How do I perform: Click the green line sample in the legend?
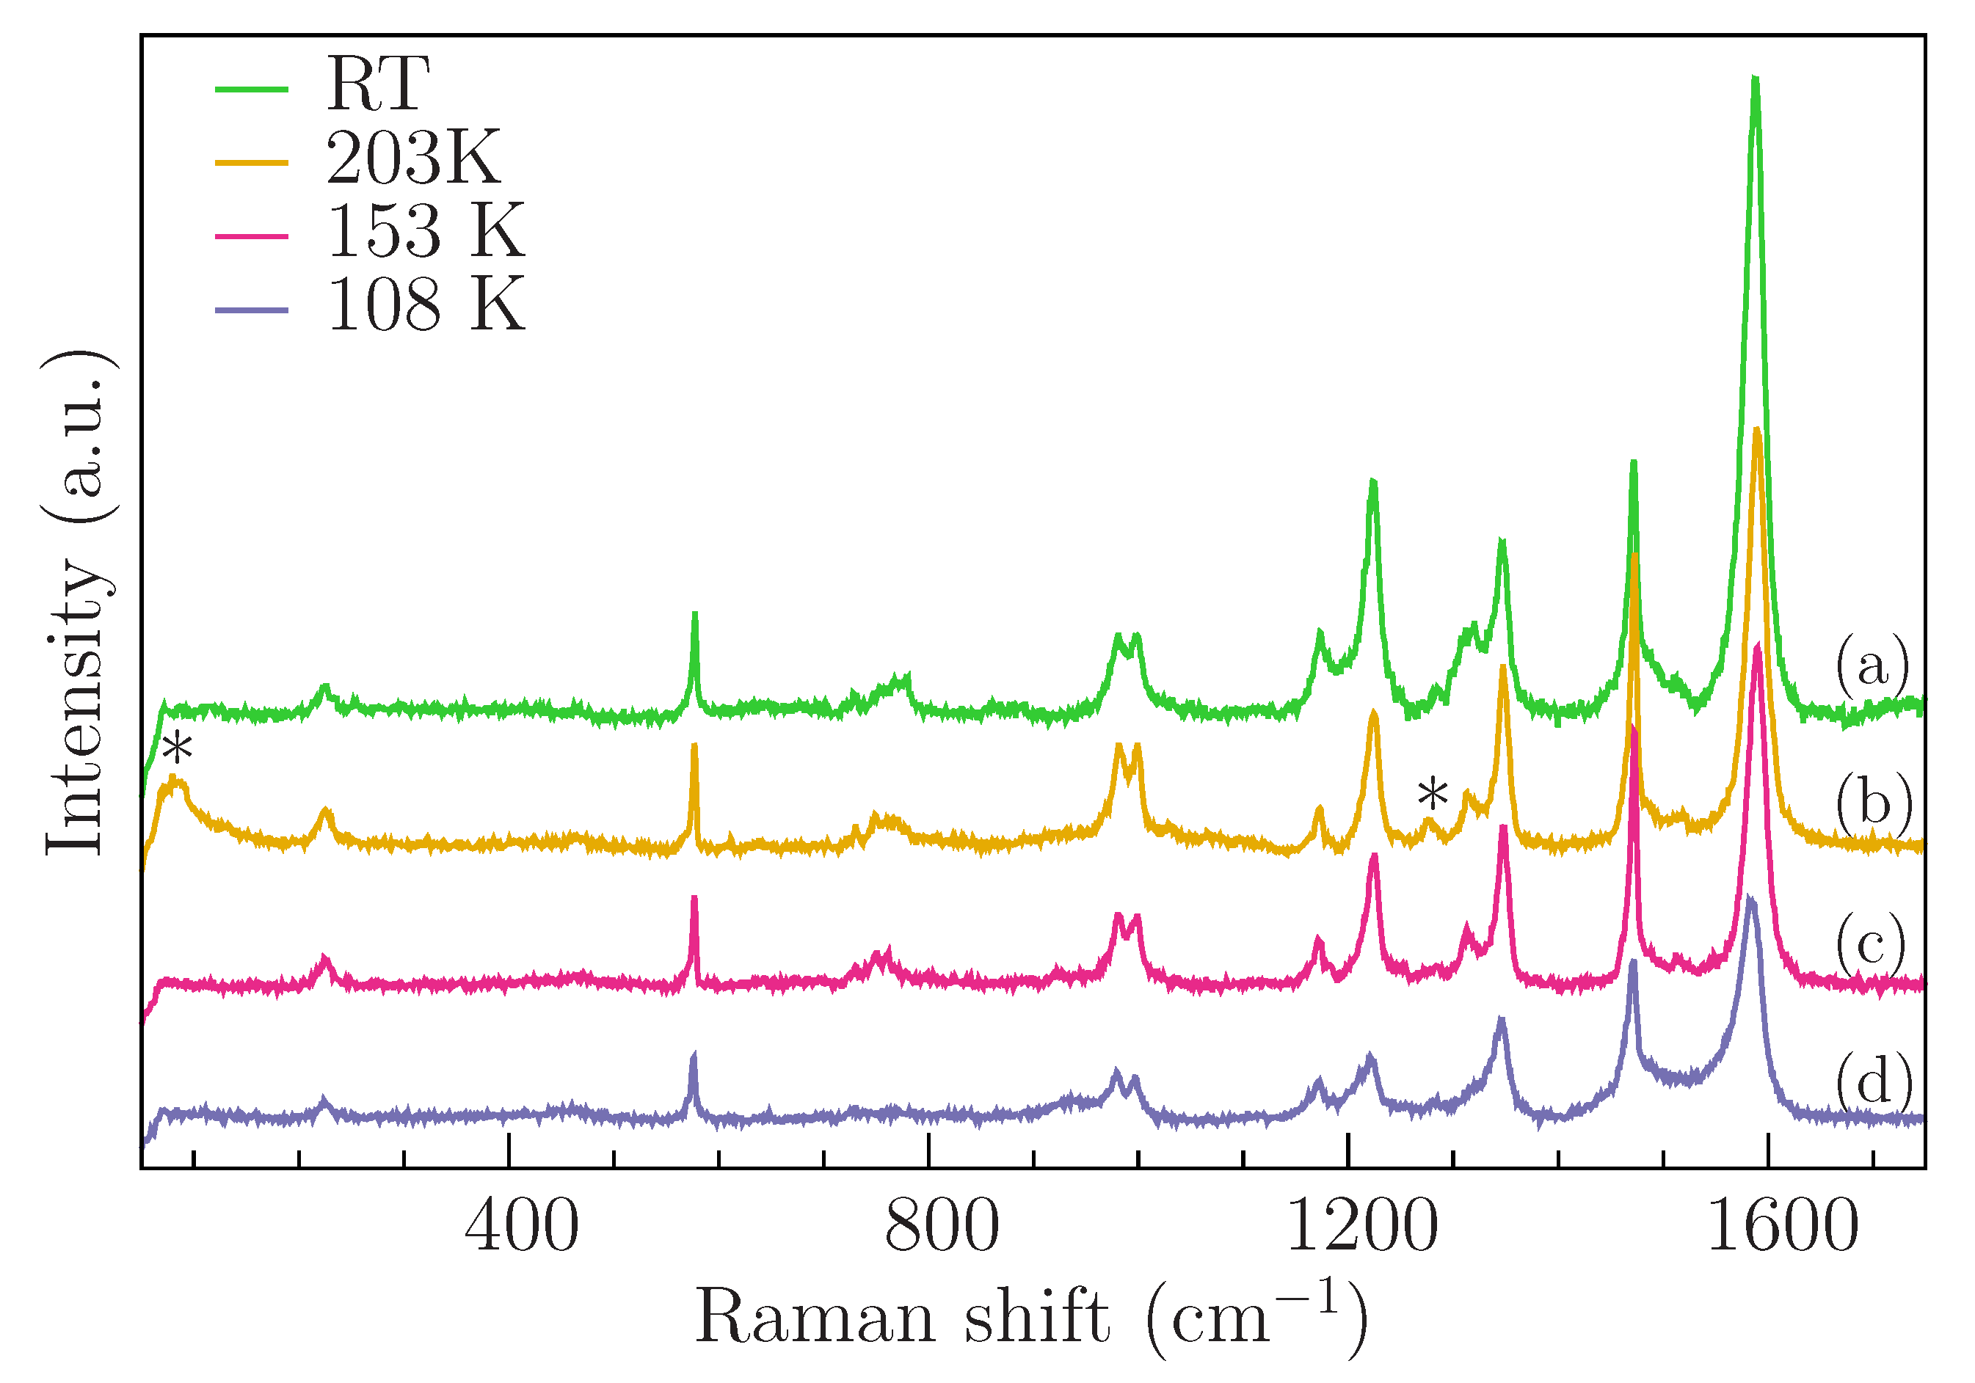click(251, 88)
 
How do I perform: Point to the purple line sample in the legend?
click(251, 310)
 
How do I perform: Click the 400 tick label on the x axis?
click(521, 1227)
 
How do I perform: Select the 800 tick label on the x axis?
click(942, 1227)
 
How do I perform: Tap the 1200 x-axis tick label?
click(1361, 1227)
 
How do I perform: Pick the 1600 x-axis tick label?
click(1782, 1227)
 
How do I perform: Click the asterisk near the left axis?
click(178, 748)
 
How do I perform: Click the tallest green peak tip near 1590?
click(1755, 79)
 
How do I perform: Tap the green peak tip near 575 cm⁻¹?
click(695, 614)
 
